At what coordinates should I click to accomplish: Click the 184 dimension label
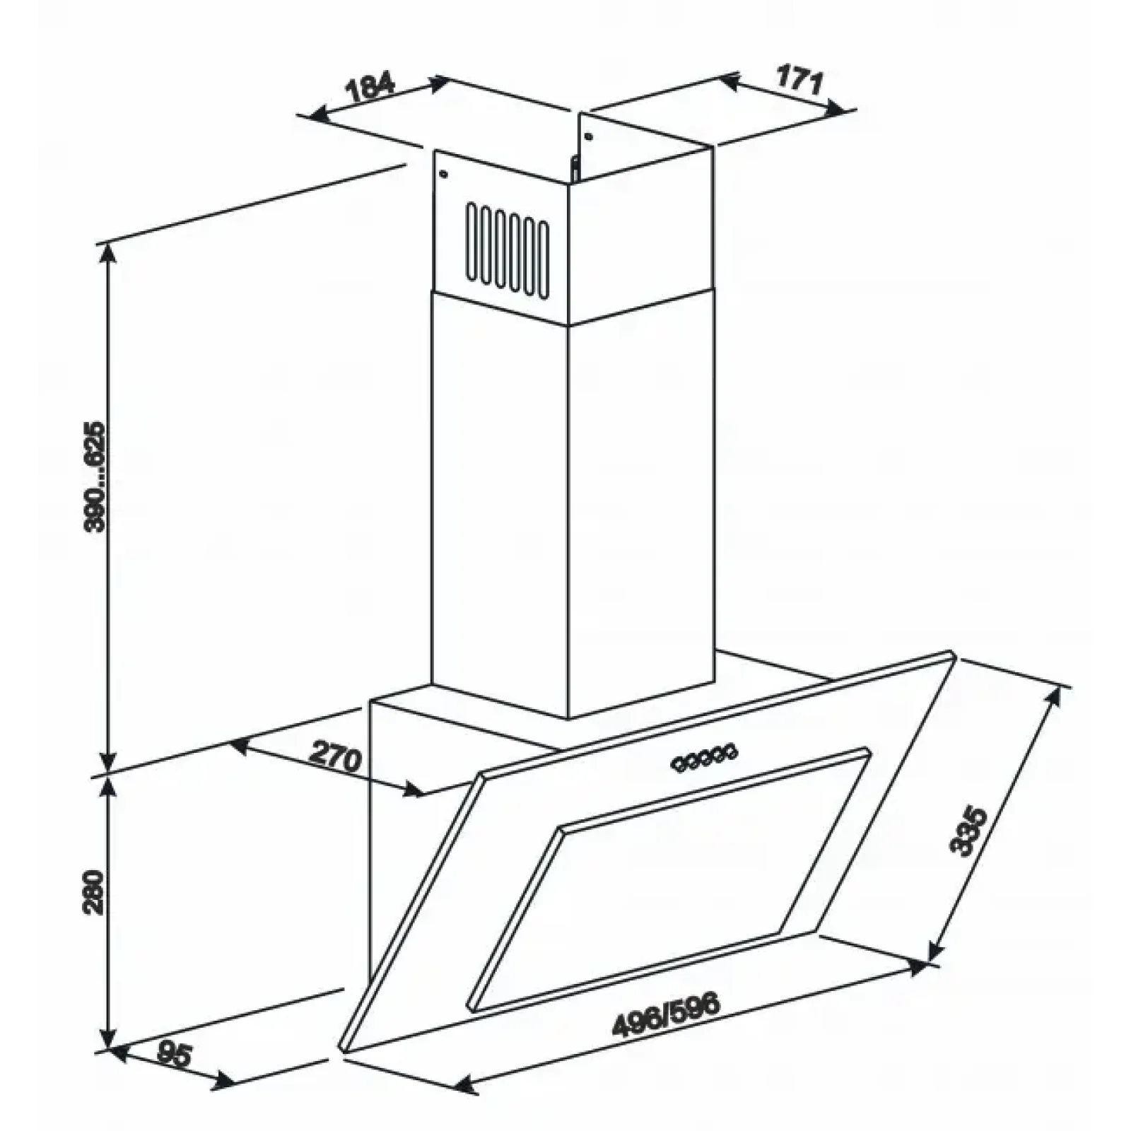point(370,88)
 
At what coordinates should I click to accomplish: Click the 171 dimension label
point(799,80)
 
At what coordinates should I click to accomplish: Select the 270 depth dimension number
point(335,758)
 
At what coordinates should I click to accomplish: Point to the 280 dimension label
point(93,893)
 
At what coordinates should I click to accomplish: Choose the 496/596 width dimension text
point(666,1016)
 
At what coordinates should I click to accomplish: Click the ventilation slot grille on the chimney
point(506,248)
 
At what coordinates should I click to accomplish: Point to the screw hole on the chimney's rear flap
point(588,136)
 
